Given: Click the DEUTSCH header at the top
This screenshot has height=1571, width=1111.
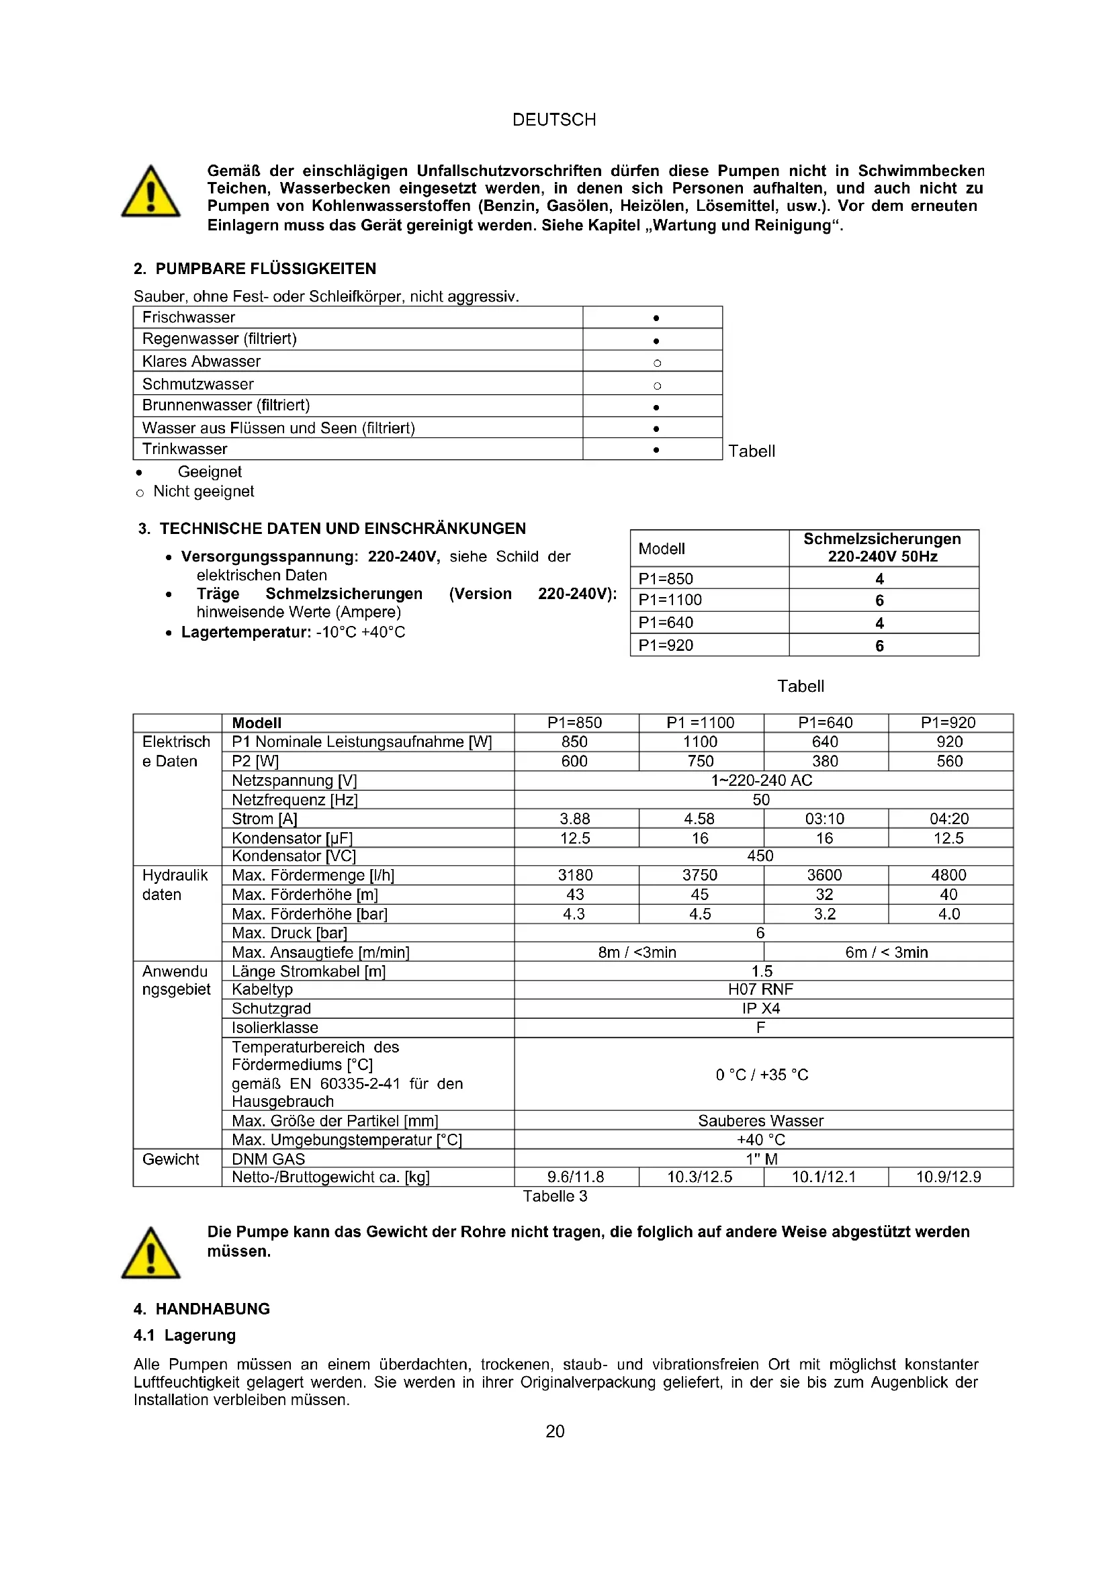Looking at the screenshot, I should pos(554,120).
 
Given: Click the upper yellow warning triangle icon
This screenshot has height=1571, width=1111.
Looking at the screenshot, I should pos(150,192).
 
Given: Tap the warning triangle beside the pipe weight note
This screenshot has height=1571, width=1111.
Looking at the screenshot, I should pos(150,1253).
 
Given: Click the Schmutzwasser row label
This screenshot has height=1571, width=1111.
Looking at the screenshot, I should pos(197,384).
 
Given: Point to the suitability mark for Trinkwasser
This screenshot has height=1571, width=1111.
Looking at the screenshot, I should pos(656,449).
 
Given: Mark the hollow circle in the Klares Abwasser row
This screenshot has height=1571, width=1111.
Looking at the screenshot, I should pos(657,363).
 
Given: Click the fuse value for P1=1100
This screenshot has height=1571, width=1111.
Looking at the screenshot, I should pos(879,600).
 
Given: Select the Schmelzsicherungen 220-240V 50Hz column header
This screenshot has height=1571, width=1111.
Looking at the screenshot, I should pos(882,548).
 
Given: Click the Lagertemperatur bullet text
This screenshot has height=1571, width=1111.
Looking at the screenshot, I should pos(293,632).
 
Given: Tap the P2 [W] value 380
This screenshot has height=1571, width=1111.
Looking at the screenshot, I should pos(825,761).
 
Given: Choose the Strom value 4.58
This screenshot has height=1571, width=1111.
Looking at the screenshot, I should pos(700,818).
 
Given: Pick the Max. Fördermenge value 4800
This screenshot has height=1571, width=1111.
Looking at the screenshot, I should pos(949,875).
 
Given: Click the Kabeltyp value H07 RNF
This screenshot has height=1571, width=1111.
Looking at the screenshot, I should pos(761,989).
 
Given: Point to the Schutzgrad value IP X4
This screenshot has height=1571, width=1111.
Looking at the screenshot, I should pos(761,1009).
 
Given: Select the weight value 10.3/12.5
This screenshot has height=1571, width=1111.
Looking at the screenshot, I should pos(700,1177).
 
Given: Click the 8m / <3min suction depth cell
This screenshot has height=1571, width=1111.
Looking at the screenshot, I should pos(637,952).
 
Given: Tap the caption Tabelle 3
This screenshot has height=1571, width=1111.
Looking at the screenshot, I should pos(555,1196).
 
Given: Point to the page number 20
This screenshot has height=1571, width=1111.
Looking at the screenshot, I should pos(555,1431).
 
